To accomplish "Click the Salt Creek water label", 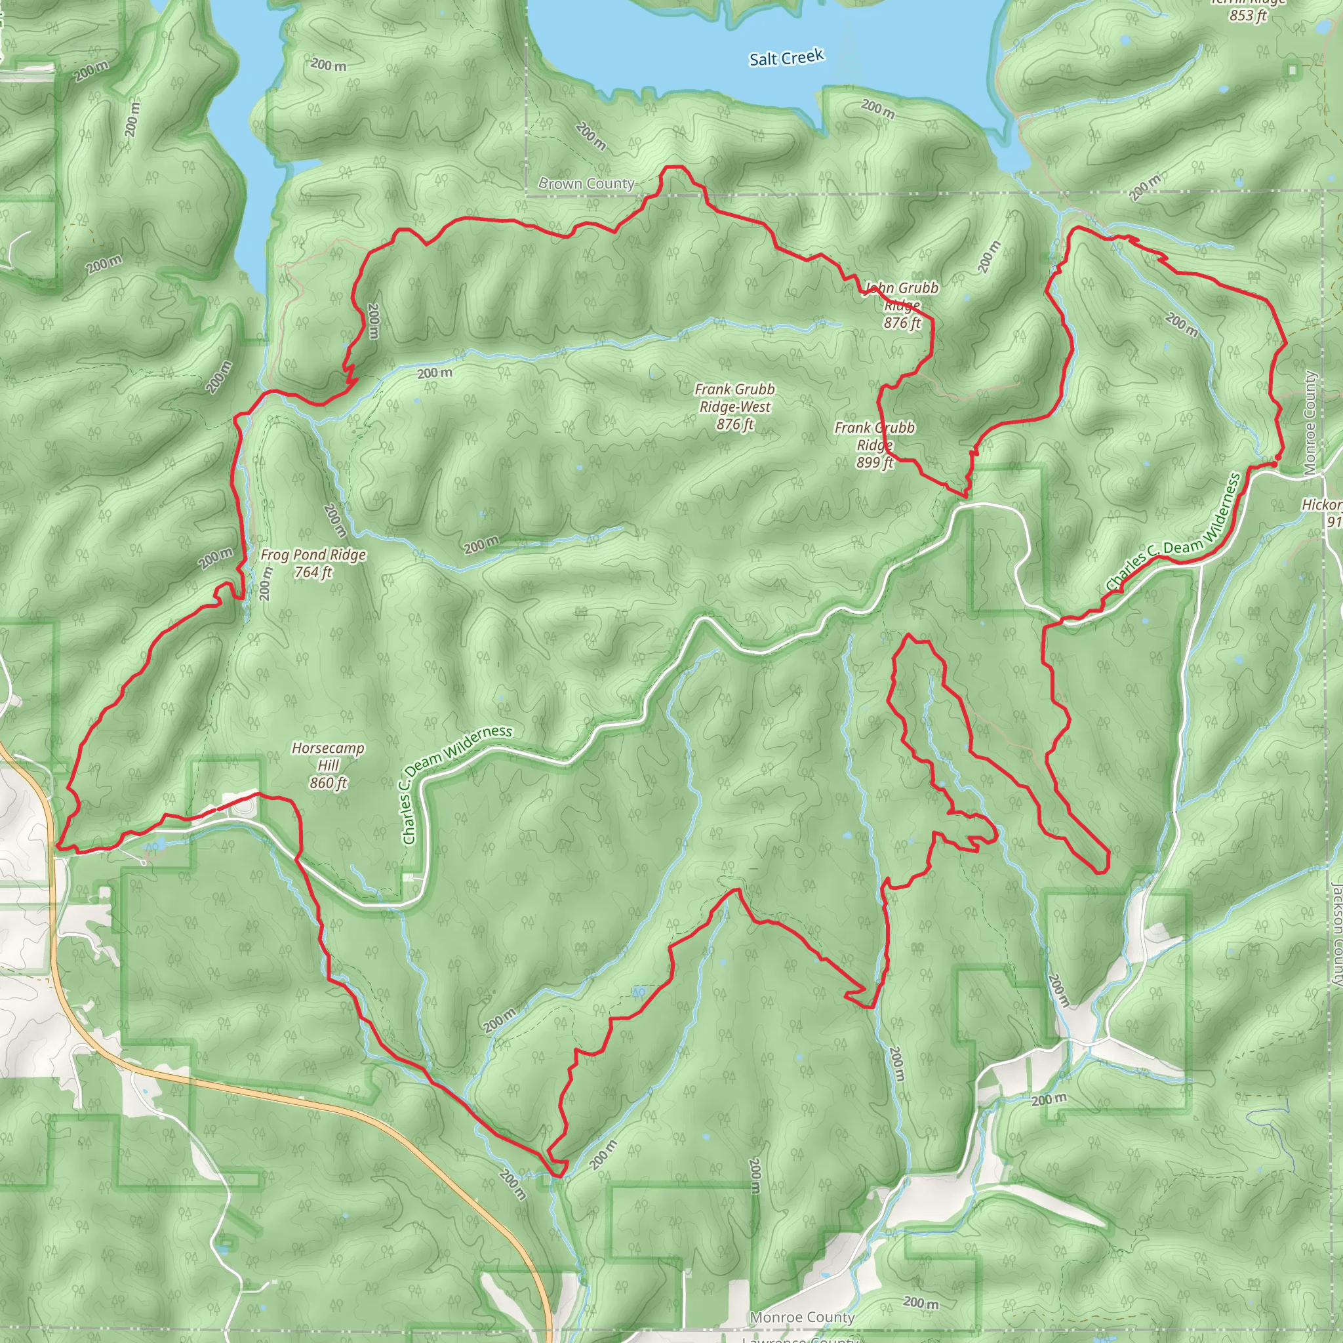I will (786, 58).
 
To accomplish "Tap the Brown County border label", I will (586, 184).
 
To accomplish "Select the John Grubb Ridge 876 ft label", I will (902, 305).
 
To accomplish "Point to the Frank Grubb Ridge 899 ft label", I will (875, 445).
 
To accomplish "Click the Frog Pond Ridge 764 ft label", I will (313, 563).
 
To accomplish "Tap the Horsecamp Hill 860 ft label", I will (328, 765).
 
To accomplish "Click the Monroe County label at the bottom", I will (802, 1317).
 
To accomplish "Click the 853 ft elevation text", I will (1248, 15).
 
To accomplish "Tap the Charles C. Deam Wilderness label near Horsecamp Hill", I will (455, 782).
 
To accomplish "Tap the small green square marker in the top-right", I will (1293, 70).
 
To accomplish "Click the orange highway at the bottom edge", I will (548, 1331).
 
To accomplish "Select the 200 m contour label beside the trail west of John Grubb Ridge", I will (374, 321).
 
